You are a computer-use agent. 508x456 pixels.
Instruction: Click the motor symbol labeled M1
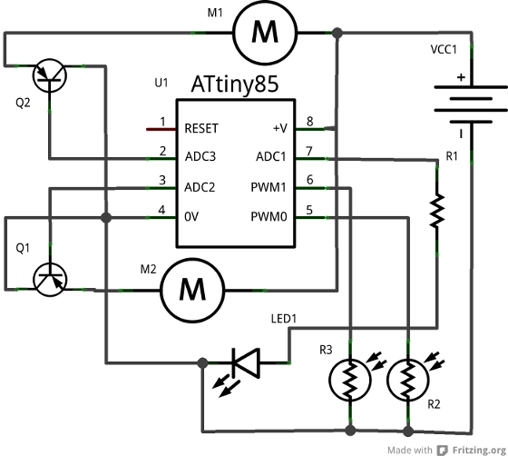[265, 33]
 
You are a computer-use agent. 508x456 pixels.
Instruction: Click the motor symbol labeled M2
[192, 290]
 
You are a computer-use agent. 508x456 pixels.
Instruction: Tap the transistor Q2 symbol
[50, 75]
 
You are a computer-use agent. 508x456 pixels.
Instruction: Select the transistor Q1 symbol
[50, 279]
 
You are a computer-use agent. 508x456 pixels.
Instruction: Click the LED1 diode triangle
[247, 362]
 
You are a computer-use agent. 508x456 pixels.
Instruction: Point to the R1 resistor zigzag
[436, 210]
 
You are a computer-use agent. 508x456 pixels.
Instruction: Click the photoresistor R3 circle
[350, 380]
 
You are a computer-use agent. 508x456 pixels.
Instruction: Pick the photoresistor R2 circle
[408, 380]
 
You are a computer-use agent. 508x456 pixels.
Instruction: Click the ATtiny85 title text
[235, 84]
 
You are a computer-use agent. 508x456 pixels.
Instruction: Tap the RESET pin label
[201, 128]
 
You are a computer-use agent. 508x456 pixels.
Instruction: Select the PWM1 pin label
[269, 187]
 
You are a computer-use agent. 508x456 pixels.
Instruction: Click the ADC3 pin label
[200, 156]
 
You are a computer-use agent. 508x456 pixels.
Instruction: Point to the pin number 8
[309, 122]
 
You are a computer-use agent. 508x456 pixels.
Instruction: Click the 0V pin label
[191, 217]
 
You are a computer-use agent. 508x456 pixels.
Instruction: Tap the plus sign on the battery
[461, 77]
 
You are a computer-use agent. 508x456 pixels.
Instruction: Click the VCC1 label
[444, 50]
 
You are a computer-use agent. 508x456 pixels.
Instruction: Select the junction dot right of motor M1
[337, 33]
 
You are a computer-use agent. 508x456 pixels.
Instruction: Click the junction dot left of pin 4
[106, 217]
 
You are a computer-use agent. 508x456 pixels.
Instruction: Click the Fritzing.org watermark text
[479, 451]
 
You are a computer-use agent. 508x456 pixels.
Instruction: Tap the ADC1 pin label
[271, 156]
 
